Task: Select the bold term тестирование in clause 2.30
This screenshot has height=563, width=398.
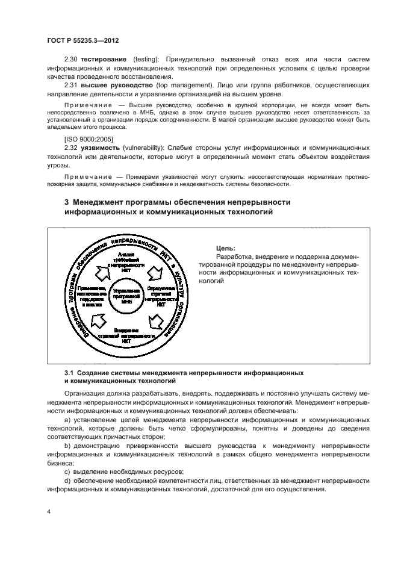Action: coord(104,59)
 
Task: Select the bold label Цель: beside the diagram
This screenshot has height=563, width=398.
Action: coord(225,248)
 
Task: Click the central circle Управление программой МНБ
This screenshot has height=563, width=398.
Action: coord(126,296)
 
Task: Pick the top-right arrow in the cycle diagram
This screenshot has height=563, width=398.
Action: coord(153,273)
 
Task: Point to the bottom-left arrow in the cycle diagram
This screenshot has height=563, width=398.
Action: coord(98,319)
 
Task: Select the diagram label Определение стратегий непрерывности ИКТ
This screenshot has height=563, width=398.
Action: coord(161,296)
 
